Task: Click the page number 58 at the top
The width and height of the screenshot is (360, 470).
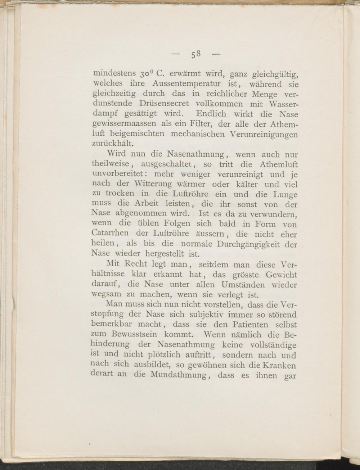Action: coord(196,55)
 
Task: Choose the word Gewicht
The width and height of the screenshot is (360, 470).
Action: coord(281,275)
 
